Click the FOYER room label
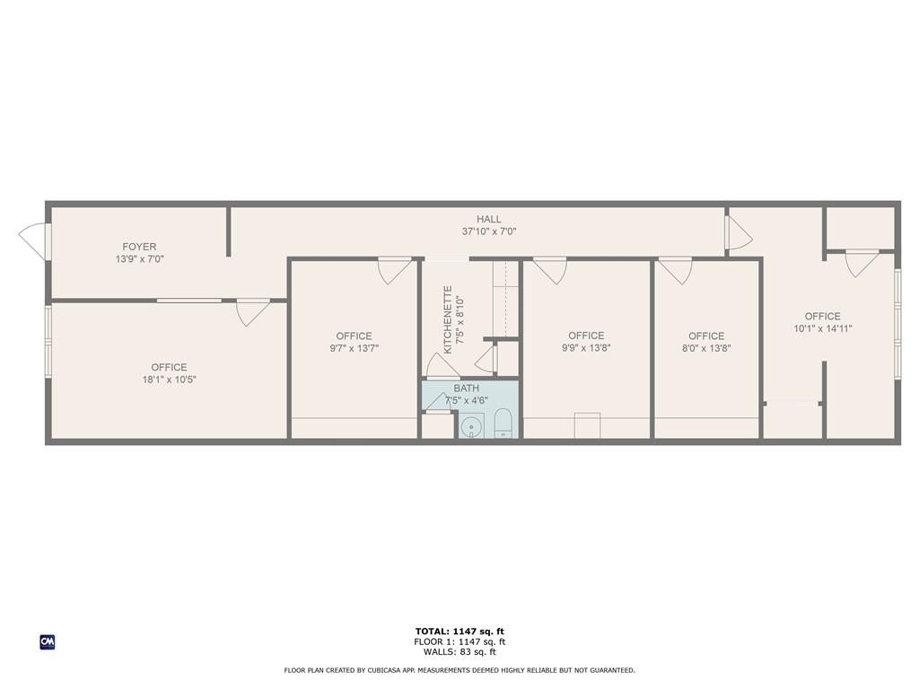tap(139, 247)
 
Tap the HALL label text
tap(489, 219)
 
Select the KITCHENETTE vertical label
tap(449, 320)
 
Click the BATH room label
tap(466, 388)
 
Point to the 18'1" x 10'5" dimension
tap(169, 379)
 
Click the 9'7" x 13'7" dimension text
tap(354, 348)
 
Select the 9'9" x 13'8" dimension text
tap(586, 348)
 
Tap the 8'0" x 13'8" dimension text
tap(706, 348)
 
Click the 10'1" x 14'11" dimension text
tap(822, 328)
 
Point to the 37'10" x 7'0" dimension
tap(489, 231)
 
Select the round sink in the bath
tap(470, 426)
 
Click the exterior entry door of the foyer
tap(33, 240)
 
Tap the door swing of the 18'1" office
tap(252, 312)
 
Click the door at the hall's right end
tap(739, 232)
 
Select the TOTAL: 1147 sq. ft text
tap(459, 631)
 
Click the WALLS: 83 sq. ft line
tap(459, 651)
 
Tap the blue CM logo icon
tap(48, 642)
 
